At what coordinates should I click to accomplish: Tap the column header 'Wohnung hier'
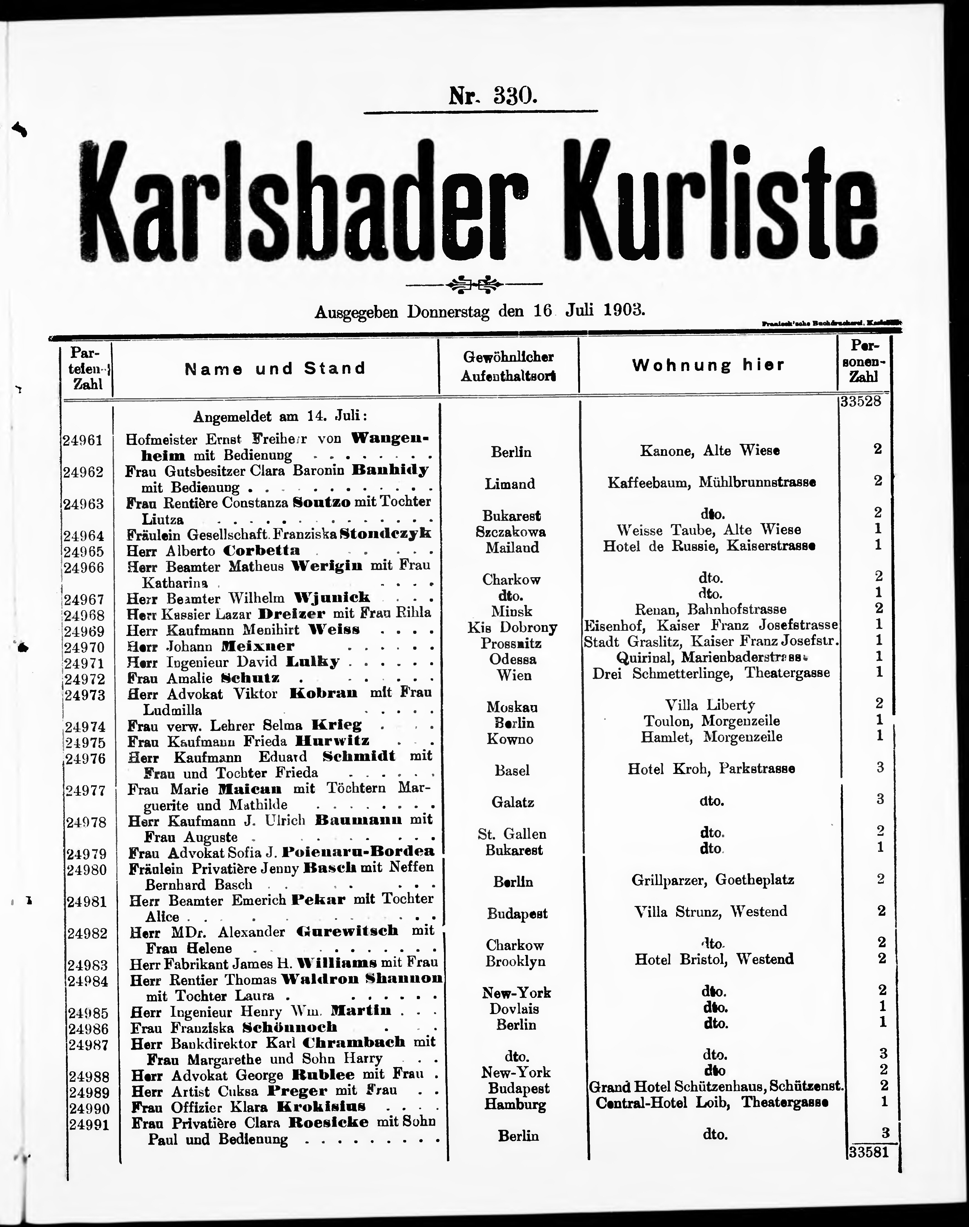[708, 365]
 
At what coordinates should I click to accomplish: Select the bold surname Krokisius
[321, 1106]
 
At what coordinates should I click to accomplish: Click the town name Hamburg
[515, 1104]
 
